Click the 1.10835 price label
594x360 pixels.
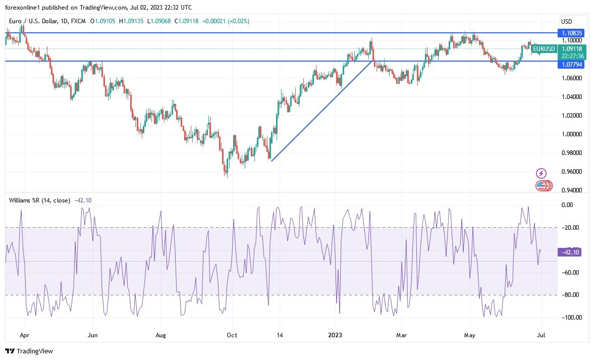[572, 33]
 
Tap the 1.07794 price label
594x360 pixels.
[572, 65]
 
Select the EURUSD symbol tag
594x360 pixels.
[544, 49]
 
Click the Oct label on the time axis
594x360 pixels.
[232, 335]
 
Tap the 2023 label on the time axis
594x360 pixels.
[335, 335]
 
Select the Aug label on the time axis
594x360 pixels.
[160, 335]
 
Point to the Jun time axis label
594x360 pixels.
[92, 335]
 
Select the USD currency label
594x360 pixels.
[566, 21]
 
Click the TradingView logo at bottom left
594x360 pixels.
[29, 351]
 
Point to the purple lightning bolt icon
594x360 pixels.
[541, 173]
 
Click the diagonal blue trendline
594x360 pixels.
[323, 110]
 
